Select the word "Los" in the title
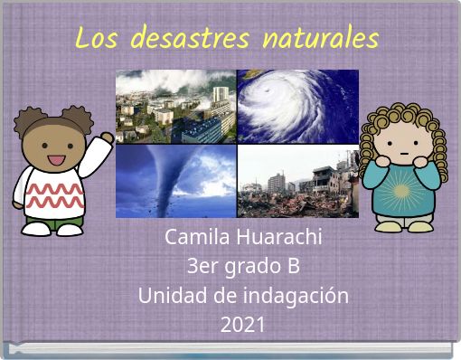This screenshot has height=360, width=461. click(x=96, y=39)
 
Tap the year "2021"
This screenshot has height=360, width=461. click(x=242, y=325)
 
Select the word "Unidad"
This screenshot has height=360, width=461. click(x=168, y=296)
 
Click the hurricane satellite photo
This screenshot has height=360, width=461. click(x=297, y=107)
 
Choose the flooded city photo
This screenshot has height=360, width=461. click(x=175, y=107)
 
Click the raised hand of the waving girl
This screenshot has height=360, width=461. click(x=106, y=139)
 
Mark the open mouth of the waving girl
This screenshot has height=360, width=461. click(x=55, y=160)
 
